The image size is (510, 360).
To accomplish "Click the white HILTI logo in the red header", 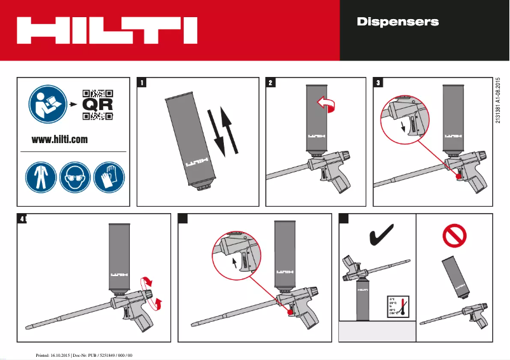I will coord(106,29).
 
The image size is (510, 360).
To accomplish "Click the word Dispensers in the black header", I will coord(397,22).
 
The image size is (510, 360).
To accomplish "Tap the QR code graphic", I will coord(98,104).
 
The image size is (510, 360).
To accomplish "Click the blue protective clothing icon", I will coord(40,176).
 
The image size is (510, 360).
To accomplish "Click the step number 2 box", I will coord(271,82).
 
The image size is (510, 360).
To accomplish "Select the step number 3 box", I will coord(379,82).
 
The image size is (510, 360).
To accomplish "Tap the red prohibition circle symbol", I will coord(454,237).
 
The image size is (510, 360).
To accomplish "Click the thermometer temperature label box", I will coord(396,307).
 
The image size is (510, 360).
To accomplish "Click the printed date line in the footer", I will coord(83,354).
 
